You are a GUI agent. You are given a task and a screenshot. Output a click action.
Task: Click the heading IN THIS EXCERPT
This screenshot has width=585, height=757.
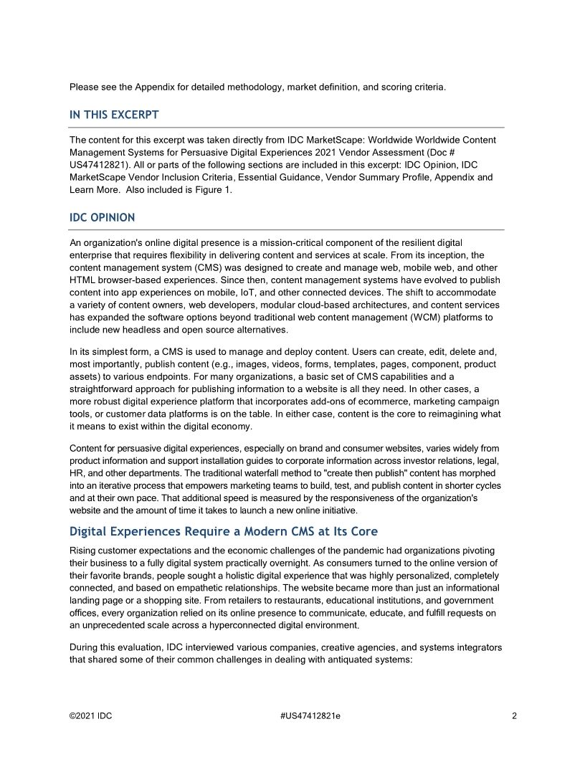tap(114, 115)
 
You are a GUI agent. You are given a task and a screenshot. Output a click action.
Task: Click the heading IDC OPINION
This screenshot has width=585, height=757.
tap(102, 217)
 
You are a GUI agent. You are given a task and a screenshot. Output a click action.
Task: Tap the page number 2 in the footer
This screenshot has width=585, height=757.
tap(515, 715)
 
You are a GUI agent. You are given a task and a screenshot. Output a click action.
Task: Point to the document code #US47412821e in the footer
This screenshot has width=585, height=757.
tap(310, 715)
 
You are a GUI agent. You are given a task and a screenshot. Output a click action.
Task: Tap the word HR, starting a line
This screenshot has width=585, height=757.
tap(77, 473)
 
